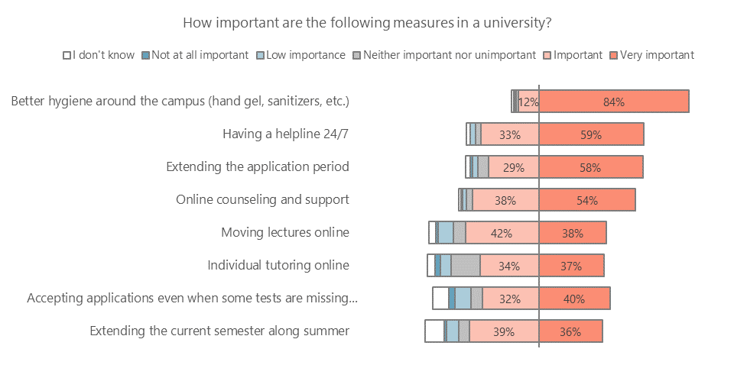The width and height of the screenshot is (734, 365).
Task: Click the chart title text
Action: [x=367, y=22]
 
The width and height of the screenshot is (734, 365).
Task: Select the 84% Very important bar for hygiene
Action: [x=614, y=102]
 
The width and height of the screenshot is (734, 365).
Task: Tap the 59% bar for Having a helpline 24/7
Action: [x=591, y=134]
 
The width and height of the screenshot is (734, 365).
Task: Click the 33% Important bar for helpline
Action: [x=510, y=134]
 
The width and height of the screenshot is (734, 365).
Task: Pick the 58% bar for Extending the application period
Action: [x=590, y=167]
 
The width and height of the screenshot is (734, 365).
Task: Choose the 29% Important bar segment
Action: [x=514, y=167]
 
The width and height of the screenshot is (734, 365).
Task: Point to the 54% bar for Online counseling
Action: [x=586, y=200]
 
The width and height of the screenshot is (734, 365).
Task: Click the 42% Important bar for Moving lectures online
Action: [x=502, y=233]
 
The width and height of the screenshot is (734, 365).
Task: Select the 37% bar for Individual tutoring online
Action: [x=571, y=266]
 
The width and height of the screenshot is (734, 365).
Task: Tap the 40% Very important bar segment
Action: [x=574, y=299]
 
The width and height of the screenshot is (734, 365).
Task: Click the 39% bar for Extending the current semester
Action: [x=504, y=331]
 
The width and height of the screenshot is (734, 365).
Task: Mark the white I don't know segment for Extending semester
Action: [x=434, y=331]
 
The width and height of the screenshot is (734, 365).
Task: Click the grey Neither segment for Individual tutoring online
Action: [x=465, y=266]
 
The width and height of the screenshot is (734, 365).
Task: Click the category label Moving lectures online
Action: [x=284, y=232]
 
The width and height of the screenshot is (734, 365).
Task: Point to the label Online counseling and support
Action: [x=262, y=199]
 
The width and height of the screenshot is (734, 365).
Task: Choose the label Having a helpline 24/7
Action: [x=285, y=134]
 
